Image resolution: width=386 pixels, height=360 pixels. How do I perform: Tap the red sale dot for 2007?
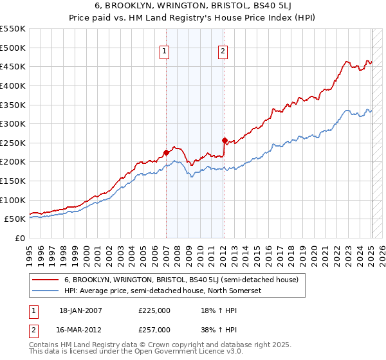click(x=166, y=152)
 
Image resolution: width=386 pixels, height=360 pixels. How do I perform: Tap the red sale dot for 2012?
click(x=225, y=140)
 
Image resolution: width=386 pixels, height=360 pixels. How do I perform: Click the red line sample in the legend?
click(x=45, y=280)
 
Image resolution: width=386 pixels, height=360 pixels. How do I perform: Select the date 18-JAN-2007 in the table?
click(x=80, y=310)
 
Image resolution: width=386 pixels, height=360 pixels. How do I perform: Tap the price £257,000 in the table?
click(x=154, y=330)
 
